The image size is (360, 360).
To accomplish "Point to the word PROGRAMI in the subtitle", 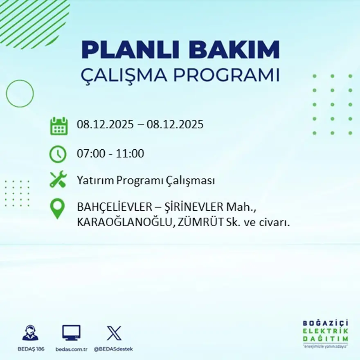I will [x=227, y=75].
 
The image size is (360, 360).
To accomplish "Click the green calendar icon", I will [x=59, y=126].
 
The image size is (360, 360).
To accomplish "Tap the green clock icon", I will [x=58, y=154].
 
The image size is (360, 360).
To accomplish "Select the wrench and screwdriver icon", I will [x=58, y=180].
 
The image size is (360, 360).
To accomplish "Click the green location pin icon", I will [x=57, y=208].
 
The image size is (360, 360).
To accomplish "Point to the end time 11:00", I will [x=130, y=154].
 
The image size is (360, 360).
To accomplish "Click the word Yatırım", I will [x=92, y=180].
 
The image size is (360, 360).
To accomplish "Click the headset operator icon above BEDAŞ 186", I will [x=30, y=333].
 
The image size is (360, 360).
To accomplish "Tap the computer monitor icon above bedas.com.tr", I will [x=71, y=333].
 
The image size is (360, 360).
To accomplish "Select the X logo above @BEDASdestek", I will [x=114, y=333].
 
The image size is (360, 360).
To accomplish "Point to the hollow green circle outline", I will [x=20, y=94].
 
